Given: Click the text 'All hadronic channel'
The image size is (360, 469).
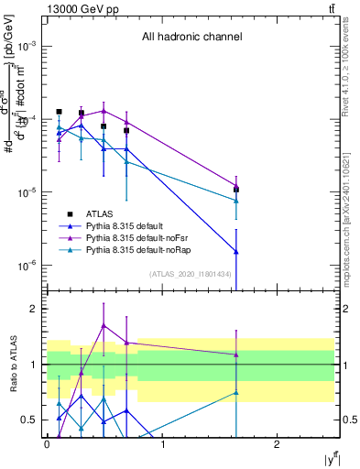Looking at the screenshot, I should click(191, 38).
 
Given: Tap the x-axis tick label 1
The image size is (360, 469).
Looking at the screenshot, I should click(162, 442).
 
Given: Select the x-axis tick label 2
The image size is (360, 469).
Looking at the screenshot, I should click(278, 442).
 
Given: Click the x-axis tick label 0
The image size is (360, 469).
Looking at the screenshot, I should click(47, 442).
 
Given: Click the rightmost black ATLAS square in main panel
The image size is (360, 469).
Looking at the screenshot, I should click(236, 190).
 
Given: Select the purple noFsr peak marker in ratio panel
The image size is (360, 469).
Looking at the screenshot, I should click(104, 325).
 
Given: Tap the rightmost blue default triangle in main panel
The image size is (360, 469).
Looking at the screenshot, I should click(236, 251).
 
